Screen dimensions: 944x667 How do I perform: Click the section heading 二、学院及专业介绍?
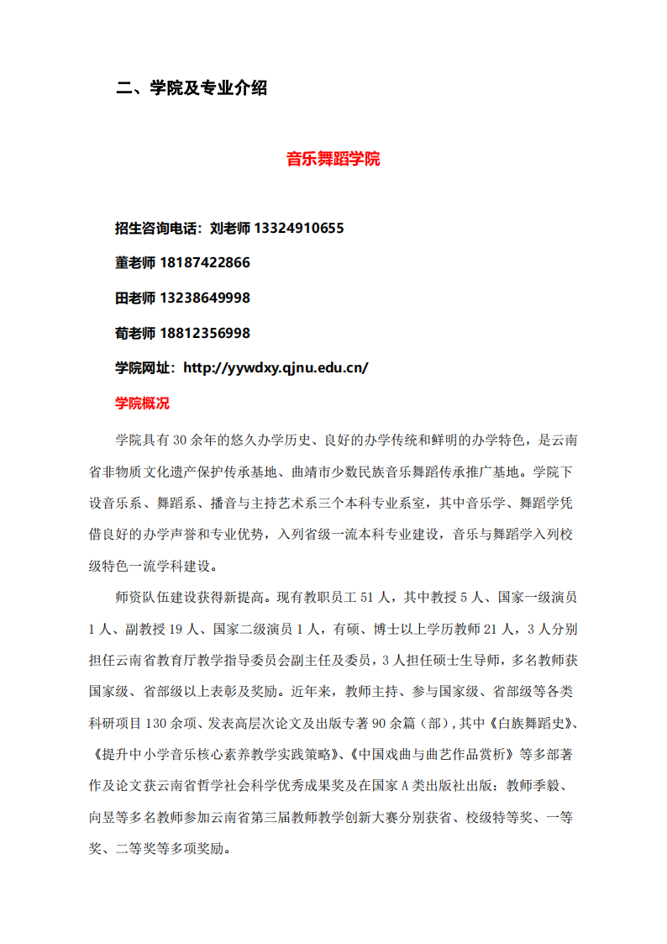click(x=192, y=87)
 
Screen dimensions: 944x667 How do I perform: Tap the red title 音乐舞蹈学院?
click(x=333, y=158)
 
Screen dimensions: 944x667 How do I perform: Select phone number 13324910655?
click(x=298, y=228)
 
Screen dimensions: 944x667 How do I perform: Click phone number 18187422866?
click(x=205, y=263)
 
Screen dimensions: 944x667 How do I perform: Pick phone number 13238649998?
click(x=205, y=298)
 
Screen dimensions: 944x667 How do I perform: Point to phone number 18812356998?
click(x=205, y=333)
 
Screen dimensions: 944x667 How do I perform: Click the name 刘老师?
click(x=228, y=228)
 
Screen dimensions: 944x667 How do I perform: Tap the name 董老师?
click(x=134, y=263)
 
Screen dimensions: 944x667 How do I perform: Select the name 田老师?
click(x=134, y=298)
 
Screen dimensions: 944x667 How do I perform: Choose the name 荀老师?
click(x=134, y=333)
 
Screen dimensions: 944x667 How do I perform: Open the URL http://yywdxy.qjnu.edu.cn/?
click(x=276, y=368)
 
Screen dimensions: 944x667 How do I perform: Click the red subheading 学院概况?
click(x=142, y=403)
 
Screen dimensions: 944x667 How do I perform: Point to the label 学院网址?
click(x=141, y=368)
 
